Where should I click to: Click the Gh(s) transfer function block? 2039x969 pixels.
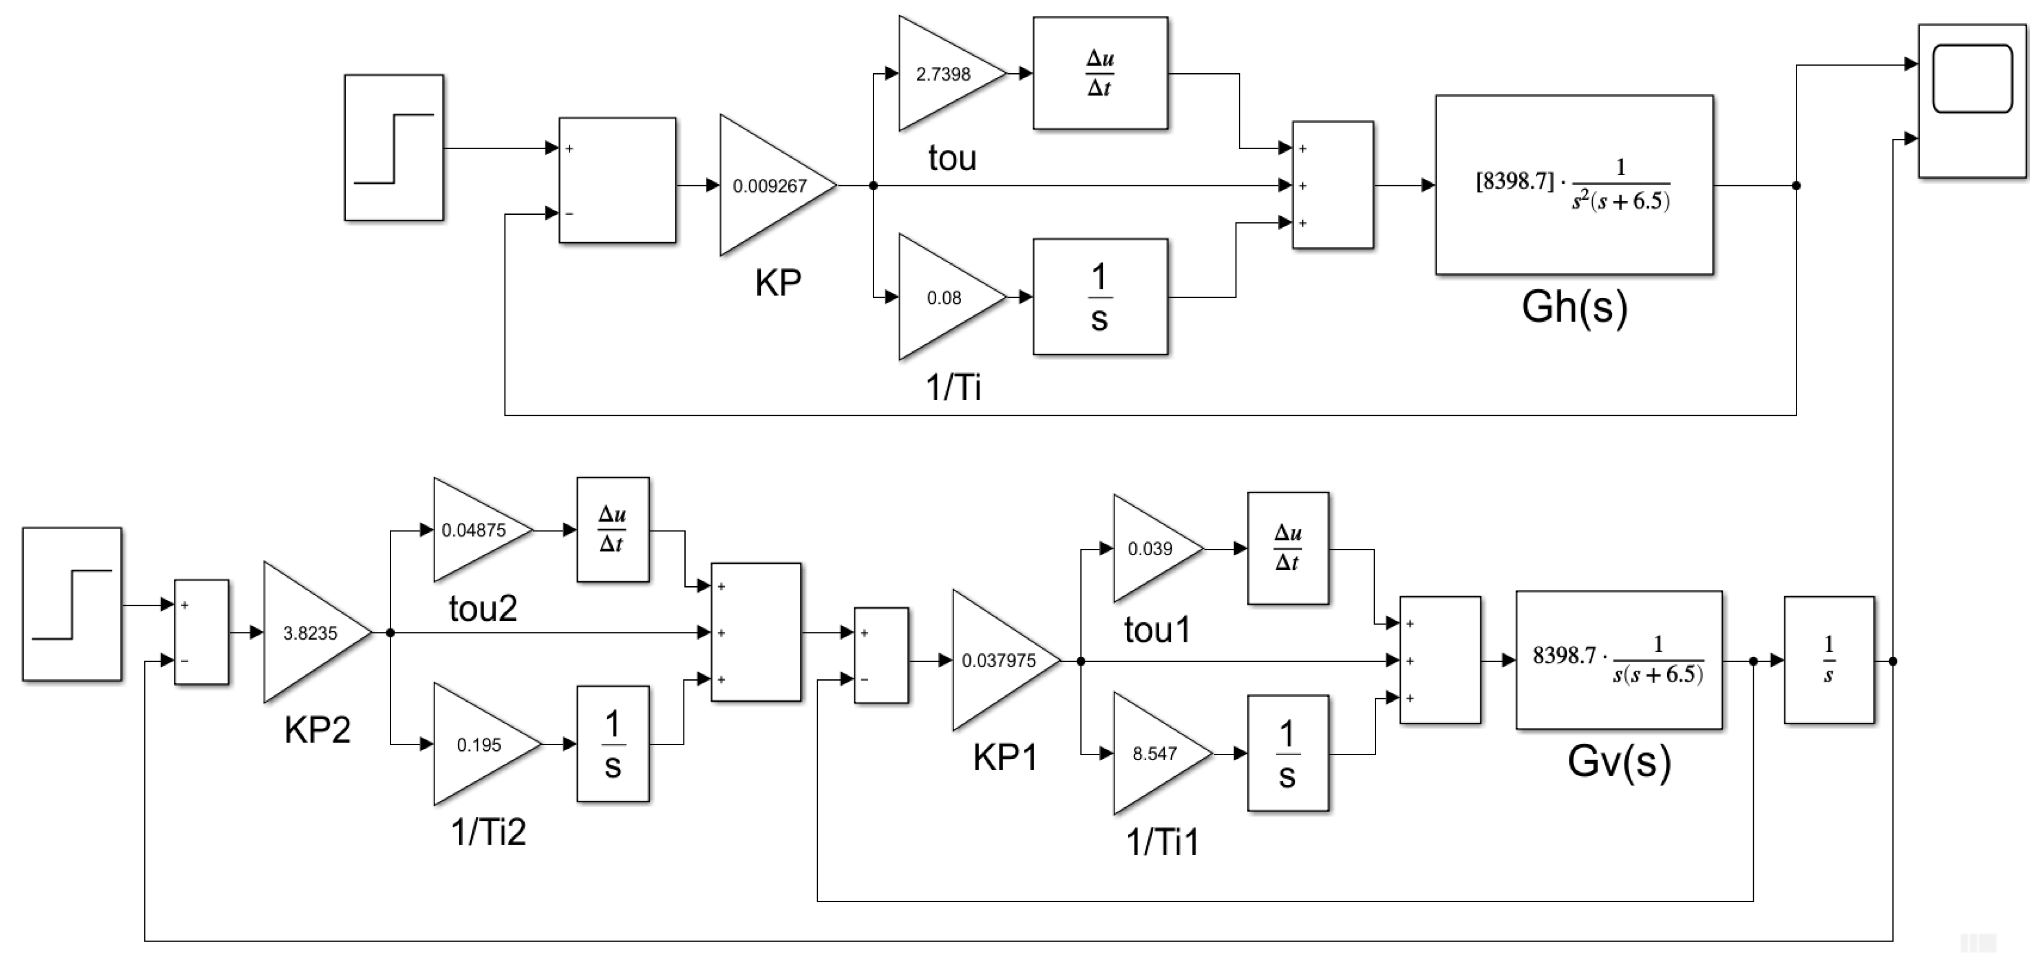(1574, 185)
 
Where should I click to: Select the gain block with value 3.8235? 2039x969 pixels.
(310, 633)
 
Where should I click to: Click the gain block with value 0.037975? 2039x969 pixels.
(999, 660)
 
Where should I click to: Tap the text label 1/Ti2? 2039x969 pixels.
(487, 832)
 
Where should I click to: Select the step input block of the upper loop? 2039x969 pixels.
(393, 148)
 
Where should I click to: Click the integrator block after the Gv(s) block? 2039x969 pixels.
(1829, 660)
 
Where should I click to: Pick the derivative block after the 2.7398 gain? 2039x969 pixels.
(1099, 74)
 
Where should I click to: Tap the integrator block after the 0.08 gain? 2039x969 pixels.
(1099, 297)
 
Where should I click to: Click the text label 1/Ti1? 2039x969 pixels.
(1162, 842)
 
